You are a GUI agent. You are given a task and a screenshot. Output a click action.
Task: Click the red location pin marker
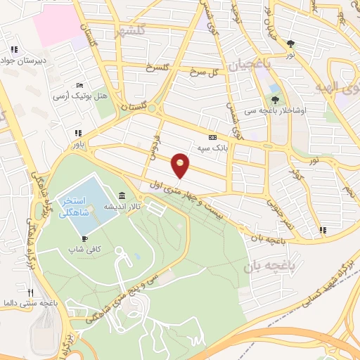[x=181, y=165]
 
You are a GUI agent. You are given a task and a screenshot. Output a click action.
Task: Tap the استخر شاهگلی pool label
[x=74, y=206]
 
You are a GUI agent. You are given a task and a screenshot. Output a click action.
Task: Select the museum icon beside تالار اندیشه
[x=122, y=195]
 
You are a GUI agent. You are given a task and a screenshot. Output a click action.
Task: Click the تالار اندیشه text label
[x=120, y=207]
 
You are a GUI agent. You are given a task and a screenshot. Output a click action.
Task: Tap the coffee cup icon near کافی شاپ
[x=85, y=239]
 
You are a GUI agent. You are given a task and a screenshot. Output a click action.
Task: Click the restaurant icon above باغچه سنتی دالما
[x=30, y=292]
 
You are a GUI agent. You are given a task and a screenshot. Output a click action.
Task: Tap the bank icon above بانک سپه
[x=212, y=137]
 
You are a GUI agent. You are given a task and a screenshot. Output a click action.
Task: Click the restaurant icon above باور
[x=78, y=132]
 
